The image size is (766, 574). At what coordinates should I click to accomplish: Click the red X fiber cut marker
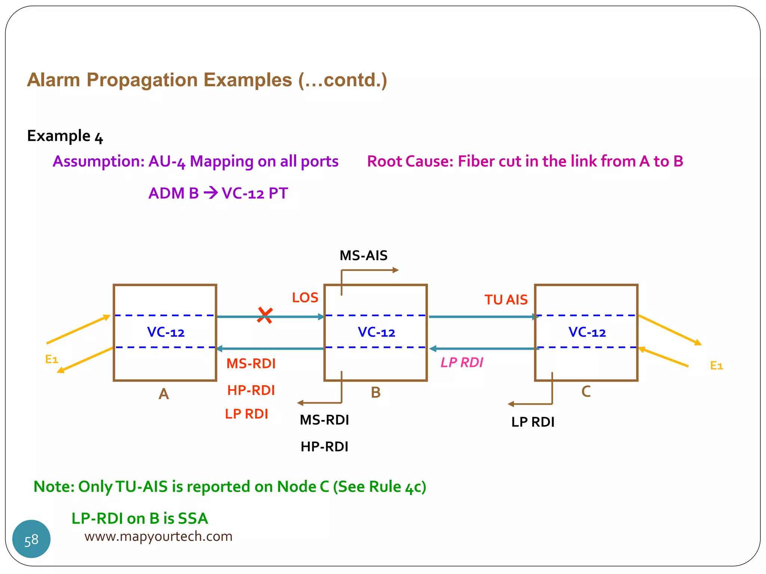pos(265,315)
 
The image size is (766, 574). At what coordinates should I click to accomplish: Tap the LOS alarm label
pos(305,298)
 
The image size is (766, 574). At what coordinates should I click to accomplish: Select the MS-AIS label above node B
pos(363,256)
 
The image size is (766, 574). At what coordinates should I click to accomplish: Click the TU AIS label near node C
pos(506,300)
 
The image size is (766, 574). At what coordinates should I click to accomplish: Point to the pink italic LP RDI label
pos(462,362)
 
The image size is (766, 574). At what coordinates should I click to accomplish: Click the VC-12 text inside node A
pos(166,332)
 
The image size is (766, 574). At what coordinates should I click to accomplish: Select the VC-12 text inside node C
pos(587,332)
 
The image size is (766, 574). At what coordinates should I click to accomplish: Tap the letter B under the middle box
pos(376,393)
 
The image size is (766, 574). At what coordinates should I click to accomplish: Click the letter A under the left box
pos(163,394)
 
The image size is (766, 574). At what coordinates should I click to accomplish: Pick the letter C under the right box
pos(586,392)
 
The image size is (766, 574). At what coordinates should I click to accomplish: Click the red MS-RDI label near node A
pos(251,364)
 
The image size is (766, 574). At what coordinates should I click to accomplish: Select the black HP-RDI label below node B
pos(324,447)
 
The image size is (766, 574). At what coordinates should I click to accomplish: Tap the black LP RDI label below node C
pos(533,422)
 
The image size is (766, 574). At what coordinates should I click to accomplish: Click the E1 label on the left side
pos(52,359)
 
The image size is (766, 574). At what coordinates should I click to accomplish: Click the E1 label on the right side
pos(716,365)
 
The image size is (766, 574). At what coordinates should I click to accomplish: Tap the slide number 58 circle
pos(31,539)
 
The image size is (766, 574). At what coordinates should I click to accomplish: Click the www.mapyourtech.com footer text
pos(158,536)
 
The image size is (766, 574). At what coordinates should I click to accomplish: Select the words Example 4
pos(65,136)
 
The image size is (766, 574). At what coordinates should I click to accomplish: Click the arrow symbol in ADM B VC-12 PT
pos(211,193)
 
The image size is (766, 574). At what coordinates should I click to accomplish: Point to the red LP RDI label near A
pos(246,414)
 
